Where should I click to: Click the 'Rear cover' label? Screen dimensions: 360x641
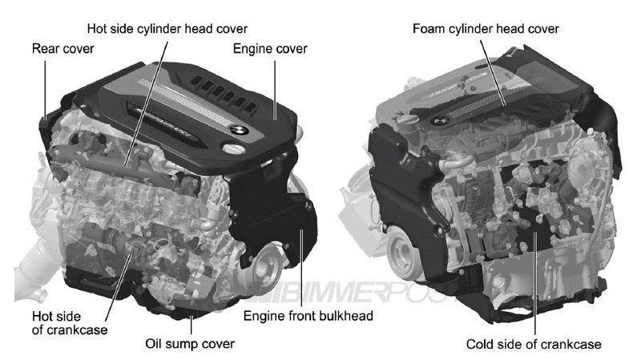[62, 48]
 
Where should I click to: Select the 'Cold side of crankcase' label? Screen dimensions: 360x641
[534, 345]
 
